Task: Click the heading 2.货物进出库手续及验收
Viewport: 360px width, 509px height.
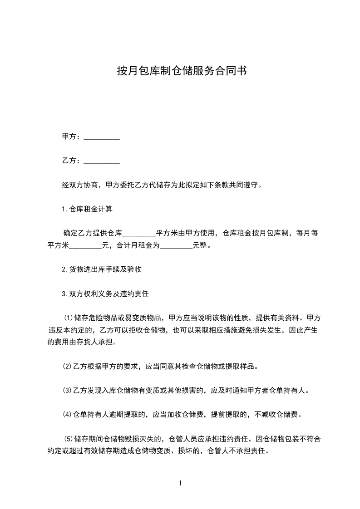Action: (x=102, y=269)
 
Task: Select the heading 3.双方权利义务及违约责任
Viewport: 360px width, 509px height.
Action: (x=105, y=294)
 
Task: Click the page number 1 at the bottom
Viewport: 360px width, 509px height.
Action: (x=180, y=484)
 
